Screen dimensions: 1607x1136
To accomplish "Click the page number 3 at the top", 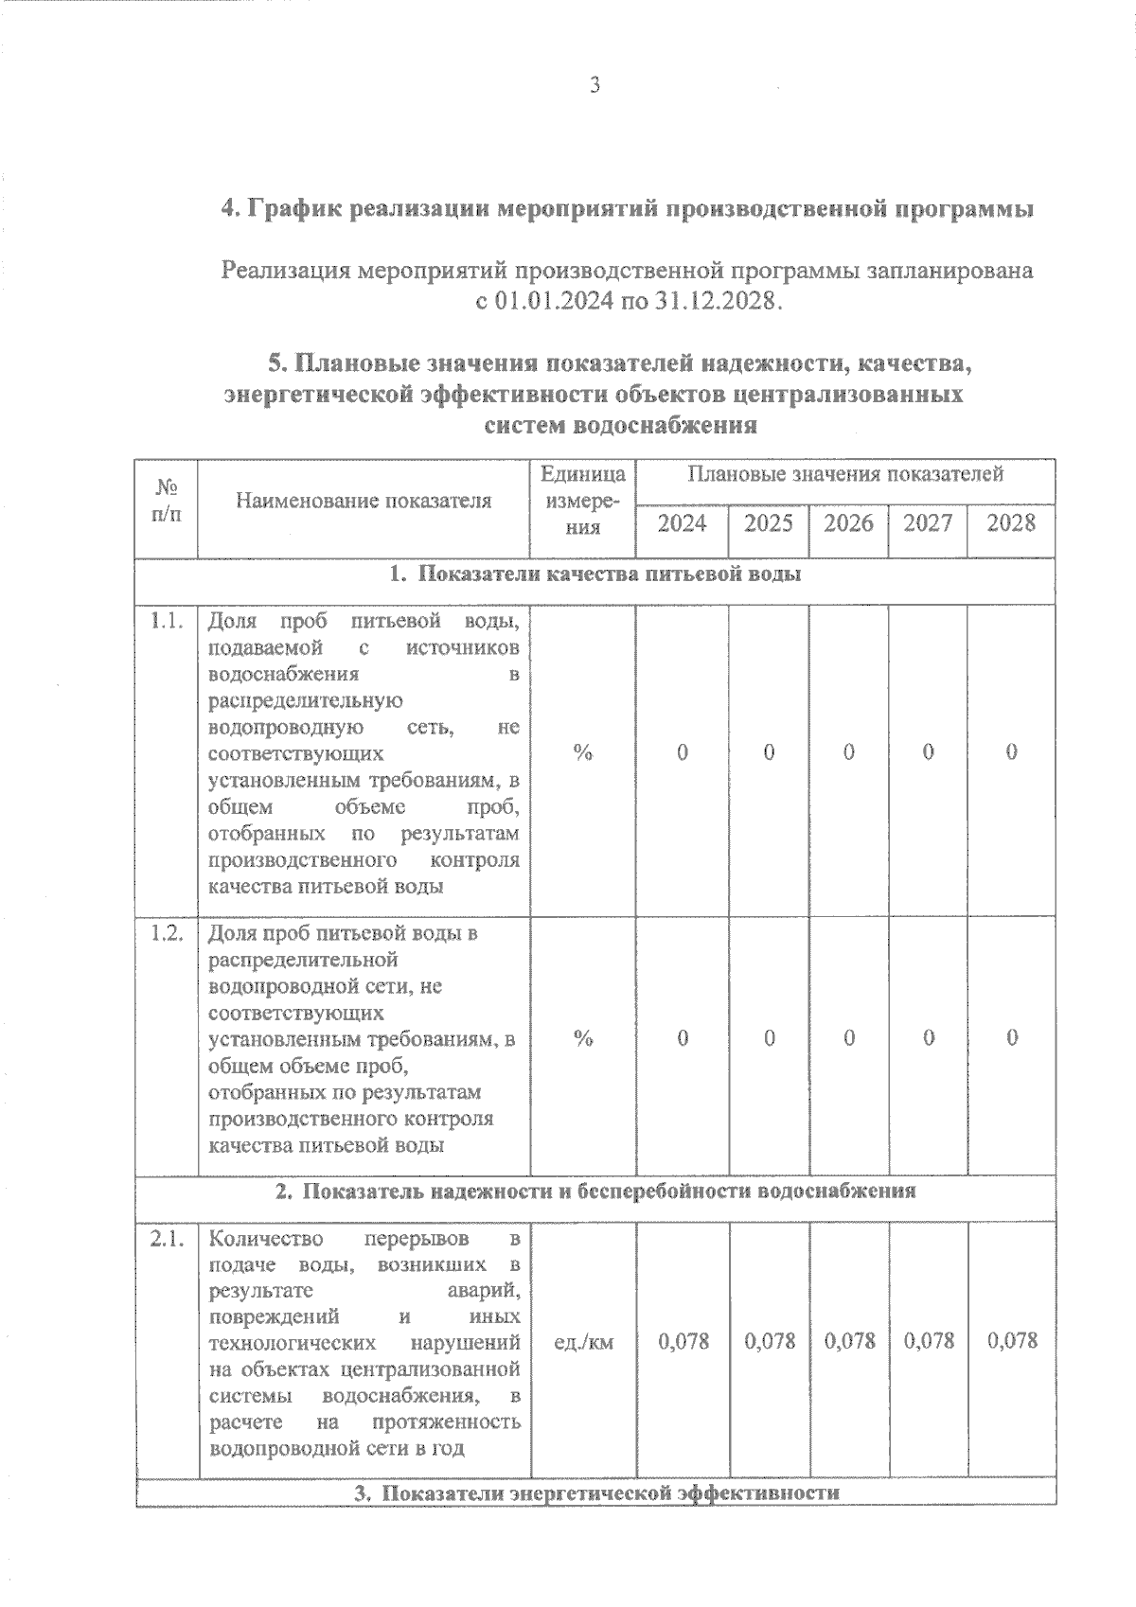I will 595,85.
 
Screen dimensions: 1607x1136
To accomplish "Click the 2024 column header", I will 682,523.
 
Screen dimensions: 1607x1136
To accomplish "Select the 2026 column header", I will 848,523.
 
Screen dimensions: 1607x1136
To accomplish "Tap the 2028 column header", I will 1011,523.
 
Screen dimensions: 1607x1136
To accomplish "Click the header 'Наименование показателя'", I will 364,501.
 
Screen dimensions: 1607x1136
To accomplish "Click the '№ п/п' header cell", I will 167,501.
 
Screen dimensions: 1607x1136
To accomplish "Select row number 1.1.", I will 167,622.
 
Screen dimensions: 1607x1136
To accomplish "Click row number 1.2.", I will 167,933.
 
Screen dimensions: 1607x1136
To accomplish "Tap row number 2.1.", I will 167,1239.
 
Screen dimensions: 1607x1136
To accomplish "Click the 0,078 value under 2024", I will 683,1341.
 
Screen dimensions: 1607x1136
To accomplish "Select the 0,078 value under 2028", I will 1012,1341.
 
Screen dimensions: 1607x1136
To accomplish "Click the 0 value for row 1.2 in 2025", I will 770,1038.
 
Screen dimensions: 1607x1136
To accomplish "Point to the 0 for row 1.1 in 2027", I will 929,752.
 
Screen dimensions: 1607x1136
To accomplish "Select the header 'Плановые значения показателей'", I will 845,474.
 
